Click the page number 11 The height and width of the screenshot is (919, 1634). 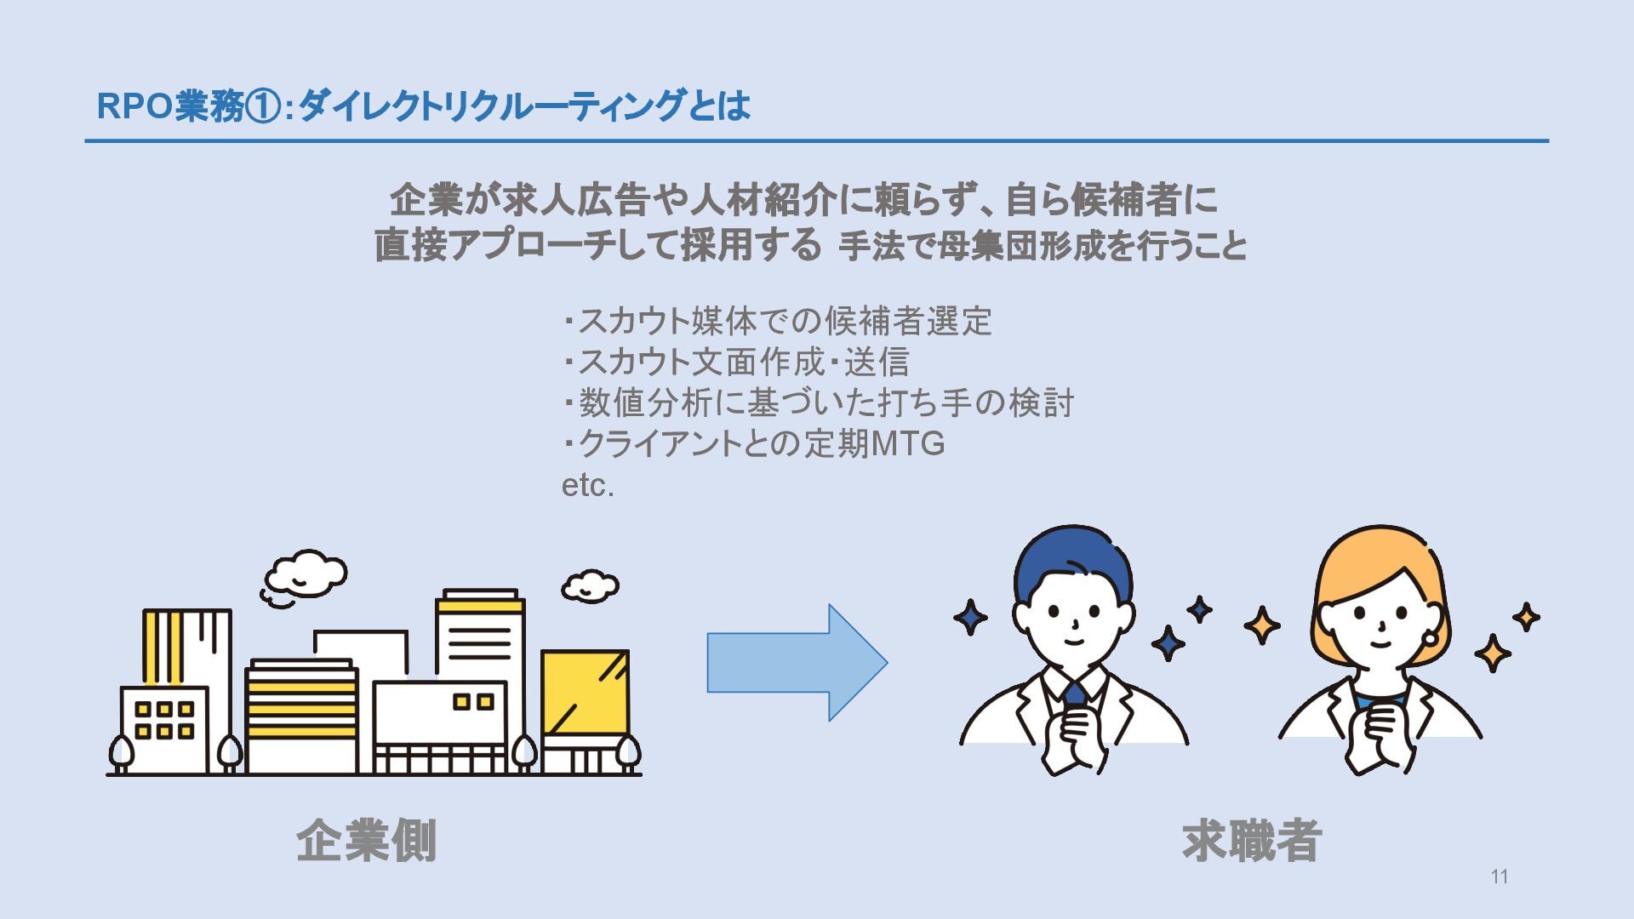(x=1500, y=876)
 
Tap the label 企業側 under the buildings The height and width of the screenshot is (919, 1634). (x=367, y=841)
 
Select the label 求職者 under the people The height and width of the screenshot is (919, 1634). (x=1252, y=841)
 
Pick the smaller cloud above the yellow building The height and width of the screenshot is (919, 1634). (x=590, y=585)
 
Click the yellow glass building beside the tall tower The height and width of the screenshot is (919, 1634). (x=585, y=693)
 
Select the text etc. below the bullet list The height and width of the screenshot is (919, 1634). (x=587, y=486)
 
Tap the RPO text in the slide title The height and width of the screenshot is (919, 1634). (x=134, y=107)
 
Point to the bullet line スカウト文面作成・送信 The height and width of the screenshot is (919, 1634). (x=737, y=362)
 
